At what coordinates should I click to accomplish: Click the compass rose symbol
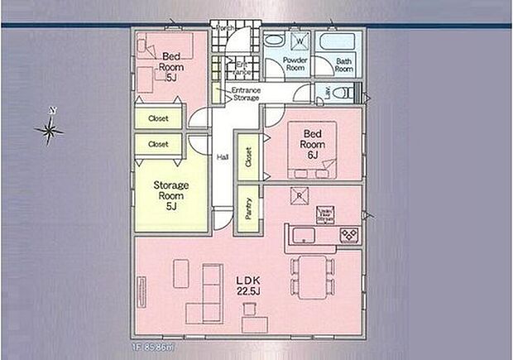(50, 129)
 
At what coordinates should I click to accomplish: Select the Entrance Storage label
(246, 94)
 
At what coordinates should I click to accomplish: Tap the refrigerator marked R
(300, 195)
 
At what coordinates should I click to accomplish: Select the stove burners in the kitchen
(350, 235)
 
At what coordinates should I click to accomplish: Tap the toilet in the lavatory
(346, 93)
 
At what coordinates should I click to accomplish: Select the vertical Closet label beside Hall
(247, 157)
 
